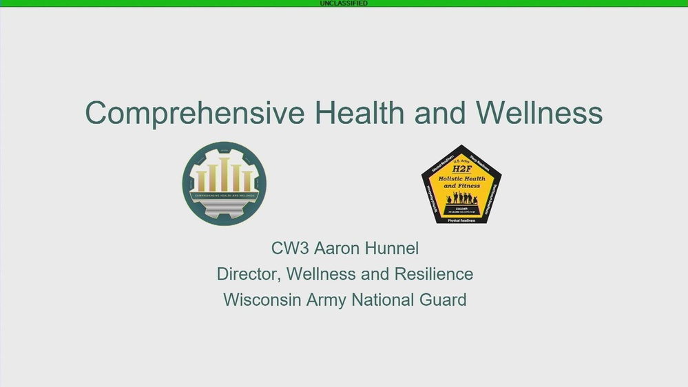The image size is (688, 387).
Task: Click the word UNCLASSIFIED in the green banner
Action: click(x=344, y=3)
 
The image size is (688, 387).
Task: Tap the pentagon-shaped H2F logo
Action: click(x=461, y=185)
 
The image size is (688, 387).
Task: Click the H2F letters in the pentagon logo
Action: click(x=461, y=169)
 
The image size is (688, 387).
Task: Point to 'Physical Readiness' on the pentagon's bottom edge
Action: click(x=461, y=220)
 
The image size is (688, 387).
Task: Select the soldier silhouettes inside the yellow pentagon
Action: click(x=461, y=198)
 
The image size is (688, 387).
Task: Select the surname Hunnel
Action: click(x=393, y=248)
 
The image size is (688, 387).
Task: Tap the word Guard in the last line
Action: click(x=443, y=300)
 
